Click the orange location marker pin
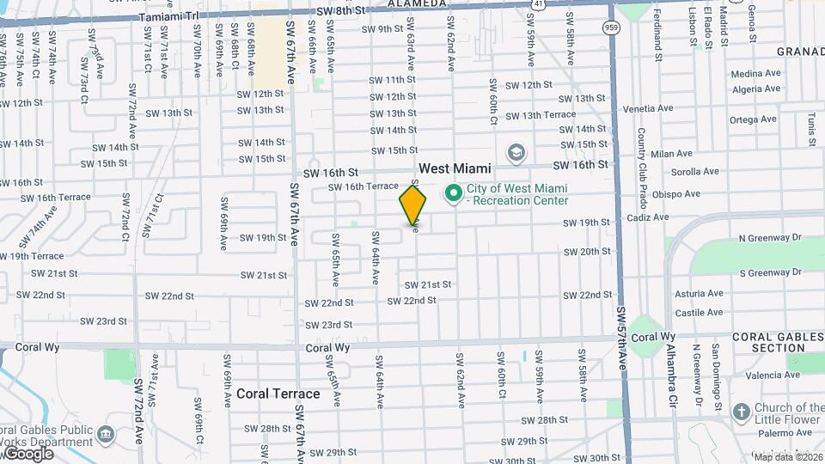point(412,206)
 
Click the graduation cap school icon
point(516,154)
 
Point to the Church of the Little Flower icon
point(741,412)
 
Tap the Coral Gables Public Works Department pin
point(106,431)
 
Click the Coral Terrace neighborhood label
point(278,394)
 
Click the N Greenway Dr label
point(770,237)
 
